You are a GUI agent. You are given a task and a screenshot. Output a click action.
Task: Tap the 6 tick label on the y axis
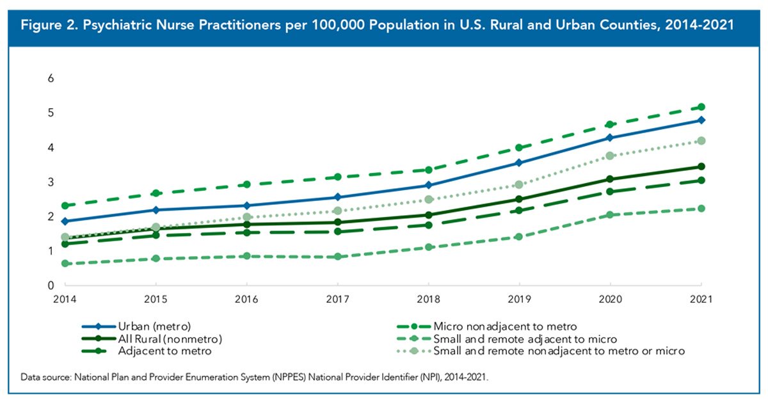click(51, 78)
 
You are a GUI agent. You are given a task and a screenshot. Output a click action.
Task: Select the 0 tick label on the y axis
click(51, 285)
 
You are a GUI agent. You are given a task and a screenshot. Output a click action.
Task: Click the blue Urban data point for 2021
click(701, 120)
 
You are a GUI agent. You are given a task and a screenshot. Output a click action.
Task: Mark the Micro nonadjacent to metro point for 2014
click(65, 205)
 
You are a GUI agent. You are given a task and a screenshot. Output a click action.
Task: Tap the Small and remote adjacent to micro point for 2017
click(337, 257)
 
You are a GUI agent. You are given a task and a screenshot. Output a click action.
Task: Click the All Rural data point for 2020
click(610, 179)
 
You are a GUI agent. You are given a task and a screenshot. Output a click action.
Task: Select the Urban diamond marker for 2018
click(428, 185)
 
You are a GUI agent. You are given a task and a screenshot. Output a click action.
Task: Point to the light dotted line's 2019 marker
click(519, 184)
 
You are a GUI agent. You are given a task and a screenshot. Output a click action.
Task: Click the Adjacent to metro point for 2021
click(701, 181)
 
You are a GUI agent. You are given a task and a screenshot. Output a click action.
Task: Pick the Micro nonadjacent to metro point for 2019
click(519, 147)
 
